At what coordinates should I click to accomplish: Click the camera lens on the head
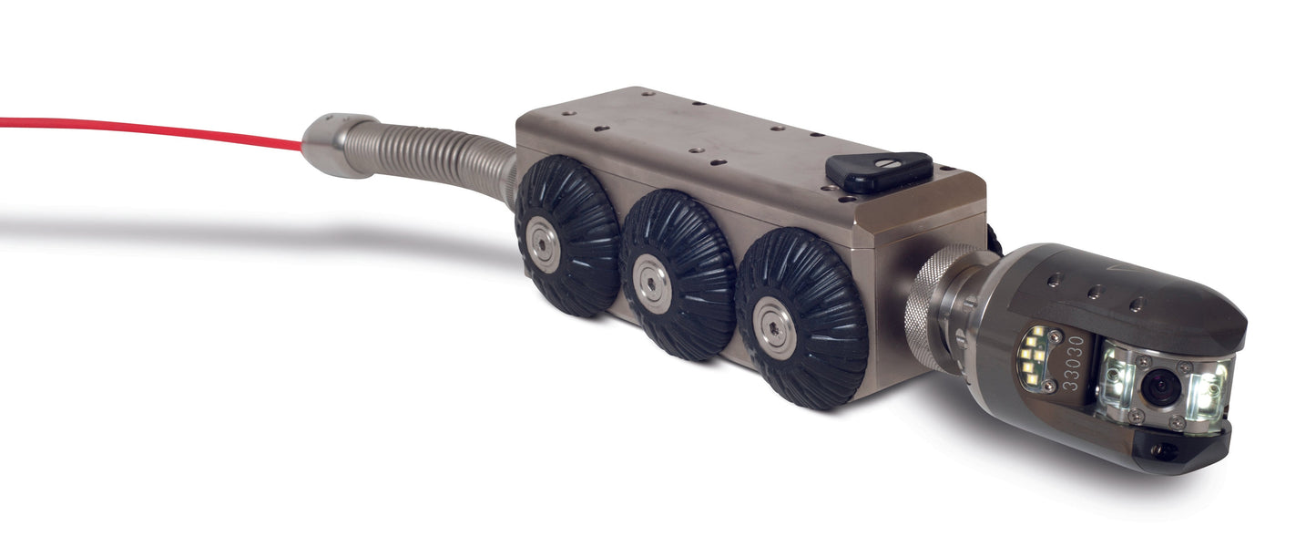coord(1160,387)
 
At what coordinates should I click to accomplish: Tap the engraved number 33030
coord(1075,363)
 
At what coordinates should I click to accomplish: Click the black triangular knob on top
coord(879,170)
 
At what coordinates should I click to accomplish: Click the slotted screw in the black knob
coord(882,165)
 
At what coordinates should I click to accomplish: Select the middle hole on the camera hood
coord(1096,292)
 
